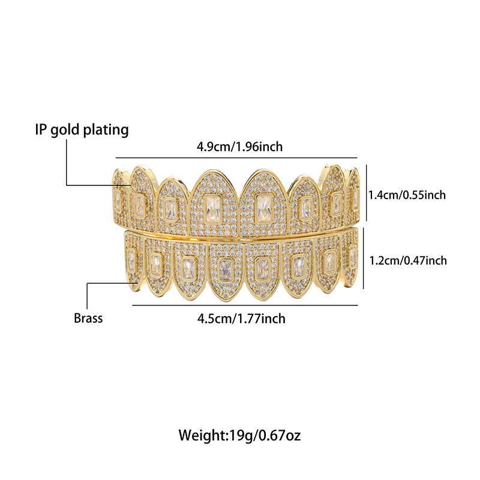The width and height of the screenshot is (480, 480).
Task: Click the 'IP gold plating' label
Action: point(80,129)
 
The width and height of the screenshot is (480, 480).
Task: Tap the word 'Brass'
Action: point(88,318)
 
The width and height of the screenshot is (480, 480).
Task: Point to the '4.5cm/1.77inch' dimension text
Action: point(241,318)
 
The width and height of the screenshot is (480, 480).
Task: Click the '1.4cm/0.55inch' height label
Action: point(407,195)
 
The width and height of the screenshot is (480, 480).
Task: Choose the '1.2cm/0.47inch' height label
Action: point(407,260)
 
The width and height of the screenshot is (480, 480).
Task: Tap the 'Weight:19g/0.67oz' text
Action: point(239,435)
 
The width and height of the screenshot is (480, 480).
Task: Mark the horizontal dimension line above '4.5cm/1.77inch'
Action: point(245,305)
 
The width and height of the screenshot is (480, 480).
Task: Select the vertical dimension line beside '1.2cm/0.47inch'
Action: point(365,260)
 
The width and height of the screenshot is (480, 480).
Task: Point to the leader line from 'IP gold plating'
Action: point(67,162)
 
